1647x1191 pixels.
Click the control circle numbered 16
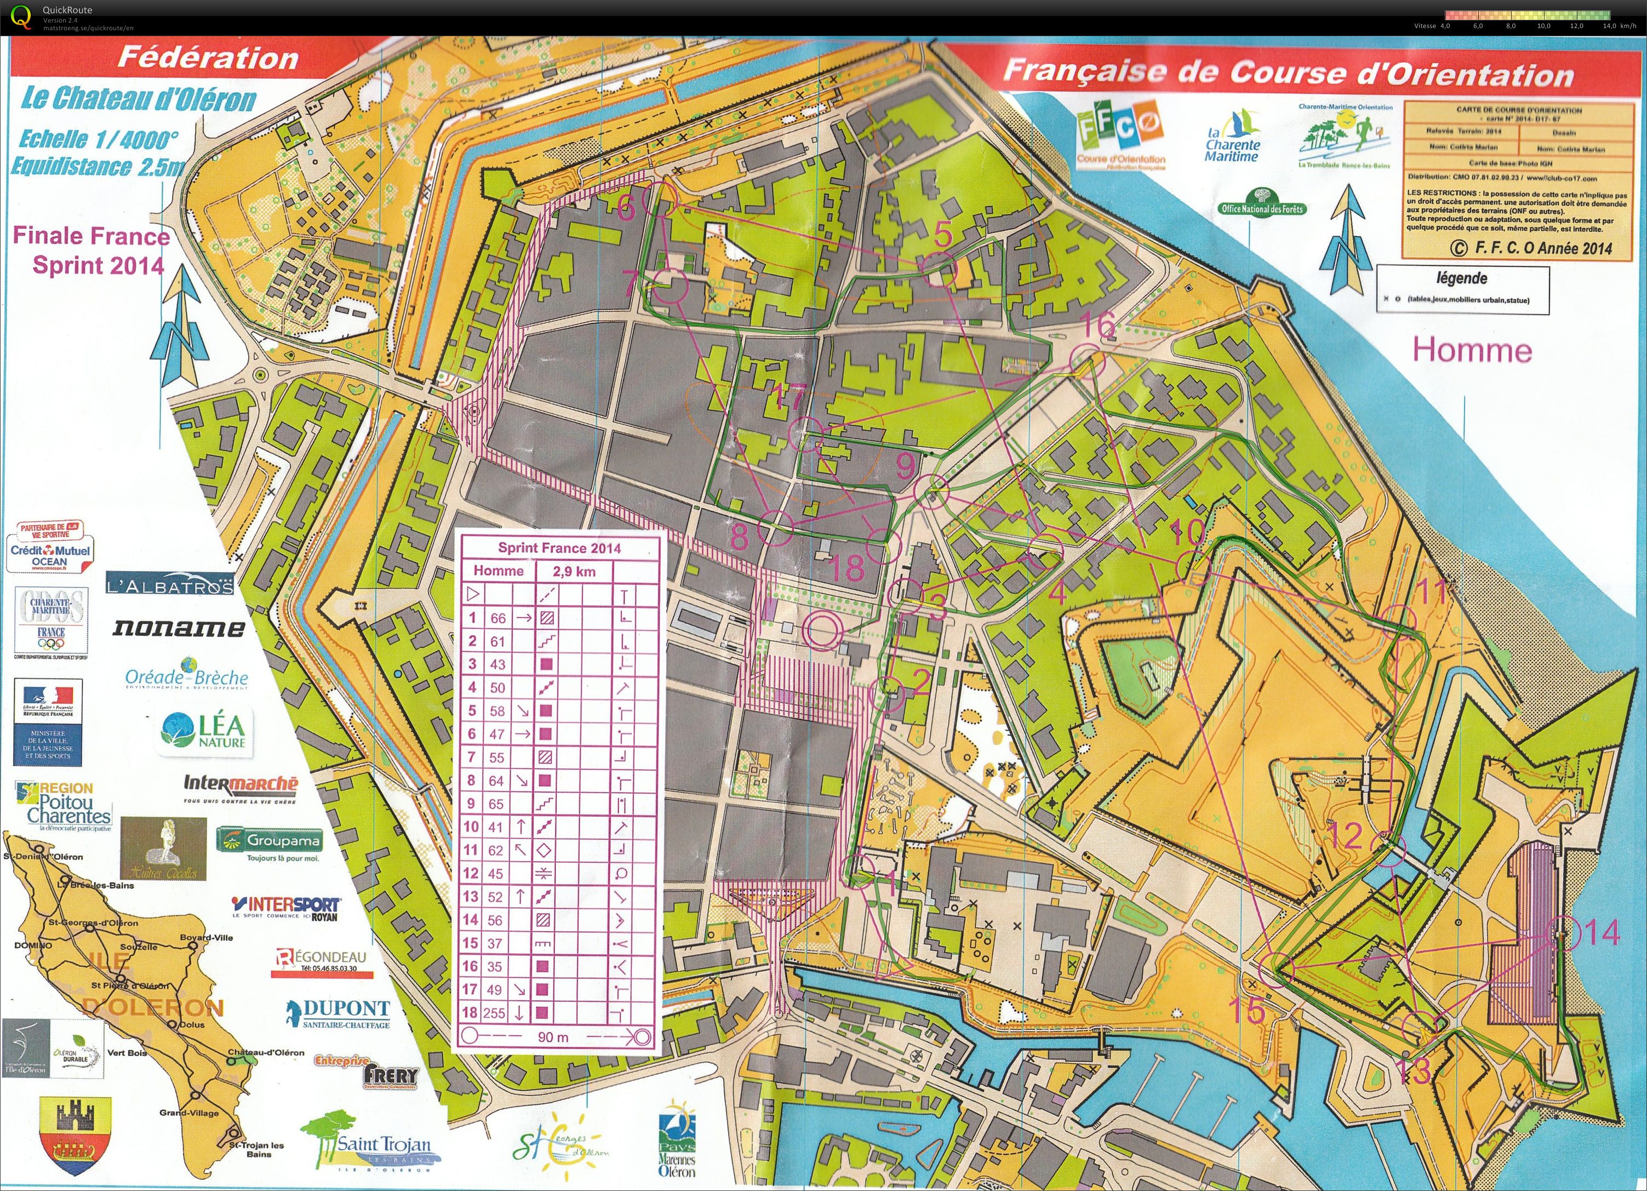[1087, 361]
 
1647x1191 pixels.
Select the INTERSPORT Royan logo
[285, 908]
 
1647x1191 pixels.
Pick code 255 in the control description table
[496, 1013]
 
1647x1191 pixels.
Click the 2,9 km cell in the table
[574, 572]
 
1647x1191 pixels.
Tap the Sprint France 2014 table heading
[559, 548]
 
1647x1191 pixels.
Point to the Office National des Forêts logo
[1262, 203]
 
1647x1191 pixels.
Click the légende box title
[1461, 278]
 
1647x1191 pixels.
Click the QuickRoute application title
[67, 9]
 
